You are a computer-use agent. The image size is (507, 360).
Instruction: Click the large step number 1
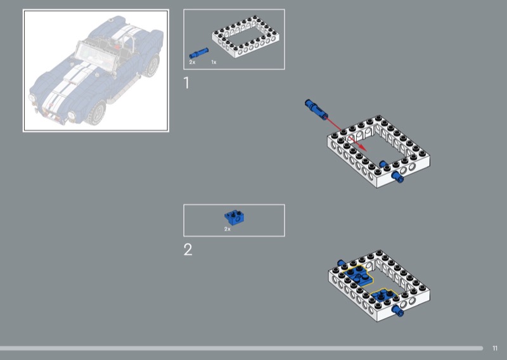[x=186, y=83]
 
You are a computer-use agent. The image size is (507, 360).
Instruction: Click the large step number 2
[x=188, y=249]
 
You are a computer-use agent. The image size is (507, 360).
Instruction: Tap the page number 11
[x=495, y=348]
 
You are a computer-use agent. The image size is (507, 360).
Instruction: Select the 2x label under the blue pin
[x=192, y=62]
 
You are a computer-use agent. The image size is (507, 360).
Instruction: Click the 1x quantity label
[x=214, y=62]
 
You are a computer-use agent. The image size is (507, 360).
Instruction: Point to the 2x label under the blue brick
[x=228, y=229]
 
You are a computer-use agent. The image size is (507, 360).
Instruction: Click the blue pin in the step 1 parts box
[x=198, y=53]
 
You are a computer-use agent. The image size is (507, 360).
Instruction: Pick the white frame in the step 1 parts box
[x=246, y=37]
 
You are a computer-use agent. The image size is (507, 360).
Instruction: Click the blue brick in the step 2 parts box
[x=234, y=217]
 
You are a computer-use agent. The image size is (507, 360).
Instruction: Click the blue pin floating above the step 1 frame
[x=316, y=110]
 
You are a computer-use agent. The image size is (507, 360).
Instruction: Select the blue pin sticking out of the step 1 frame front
[x=397, y=177]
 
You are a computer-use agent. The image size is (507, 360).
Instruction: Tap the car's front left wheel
[x=96, y=113]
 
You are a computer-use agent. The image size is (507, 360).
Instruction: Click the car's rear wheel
[x=152, y=65]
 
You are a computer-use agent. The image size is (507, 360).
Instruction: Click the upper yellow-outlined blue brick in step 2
[x=357, y=275]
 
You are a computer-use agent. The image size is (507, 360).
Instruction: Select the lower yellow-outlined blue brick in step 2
[x=383, y=295]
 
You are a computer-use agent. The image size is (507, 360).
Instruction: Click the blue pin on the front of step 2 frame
[x=397, y=310]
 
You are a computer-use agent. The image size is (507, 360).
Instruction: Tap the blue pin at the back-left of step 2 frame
[x=341, y=263]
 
